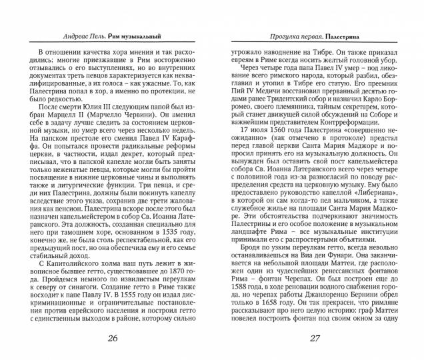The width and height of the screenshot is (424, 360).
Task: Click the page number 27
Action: pos(315,338)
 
